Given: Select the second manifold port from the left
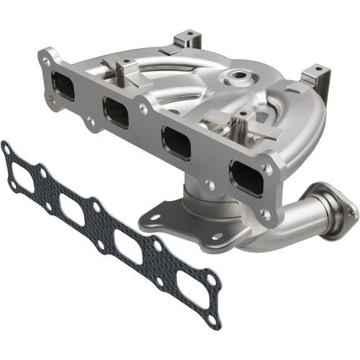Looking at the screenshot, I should tap(116, 112).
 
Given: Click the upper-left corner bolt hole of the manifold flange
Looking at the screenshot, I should tap(48, 61).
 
